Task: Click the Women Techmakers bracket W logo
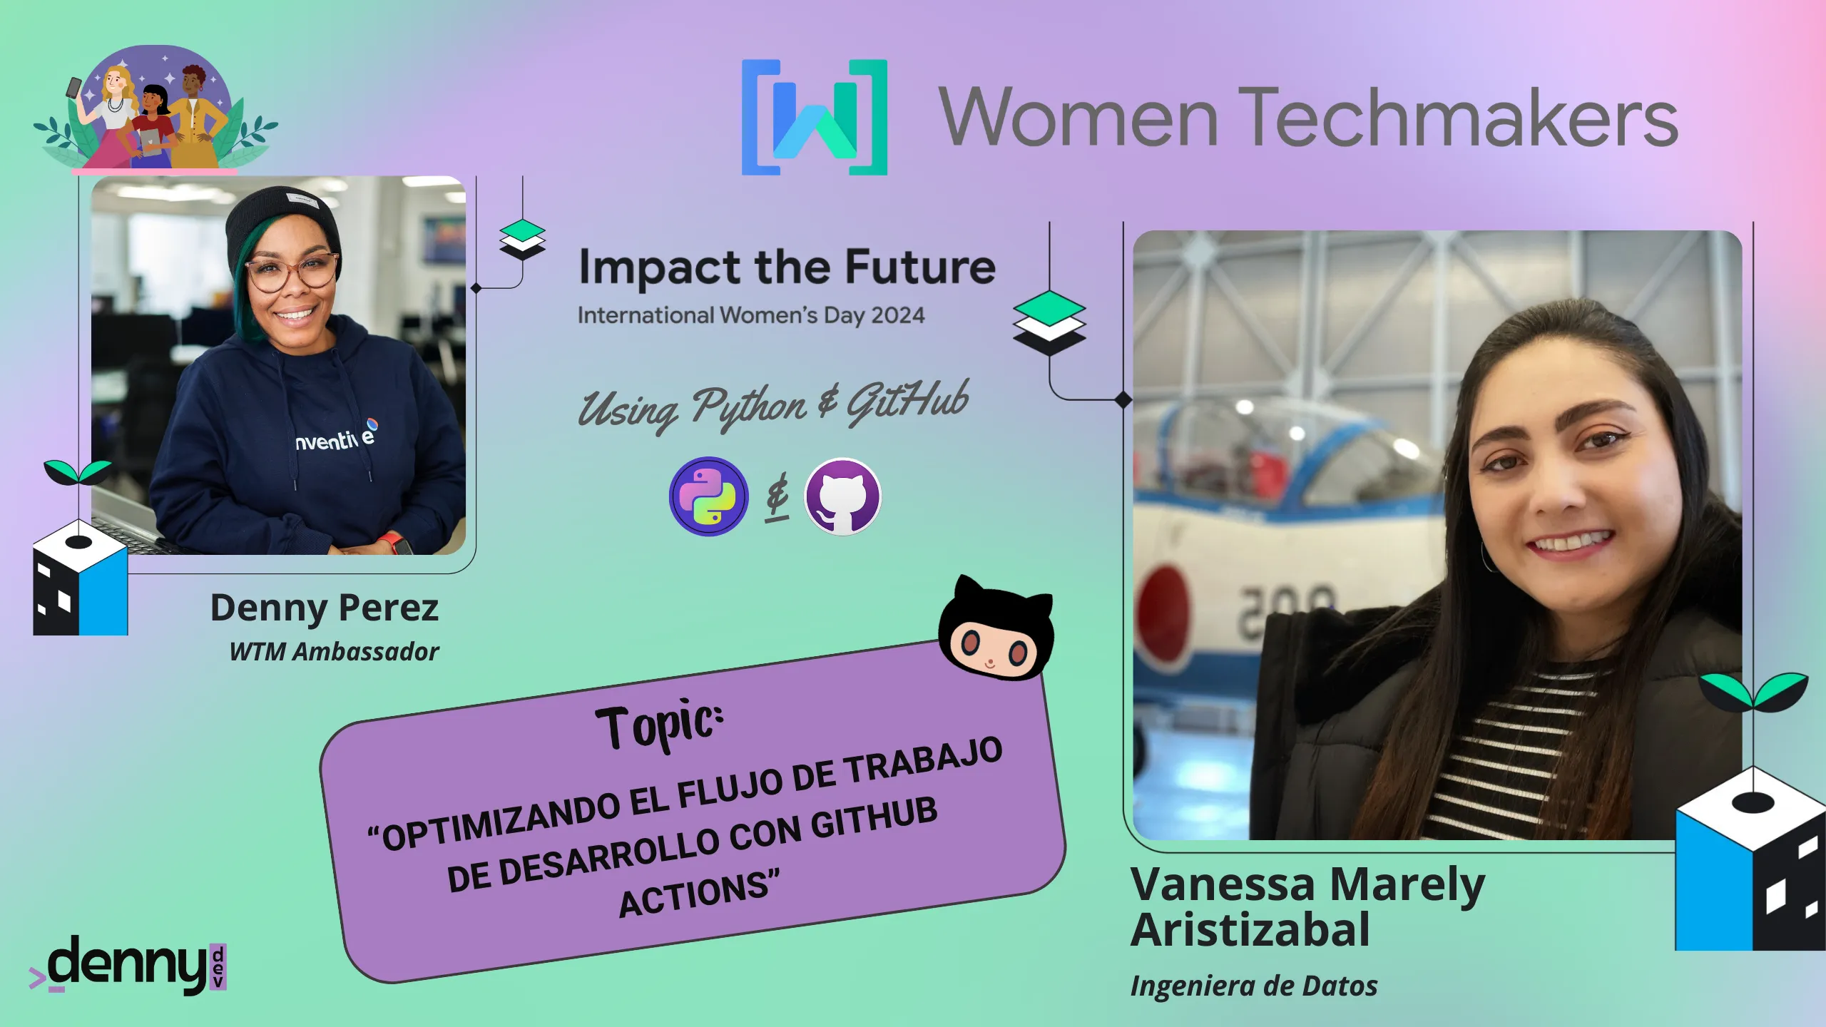pyautogui.click(x=815, y=117)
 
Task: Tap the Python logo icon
pyautogui.click(x=708, y=496)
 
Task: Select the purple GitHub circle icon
pyautogui.click(x=842, y=496)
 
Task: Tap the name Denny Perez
pyautogui.click(x=325, y=608)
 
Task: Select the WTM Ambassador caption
pyautogui.click(x=334, y=651)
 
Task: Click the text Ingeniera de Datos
pyautogui.click(x=1254, y=986)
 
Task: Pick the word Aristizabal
pyautogui.click(x=1250, y=929)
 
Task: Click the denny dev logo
pyautogui.click(x=128, y=965)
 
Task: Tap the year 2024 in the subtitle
pyautogui.click(x=898, y=315)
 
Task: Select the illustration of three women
pyautogui.click(x=155, y=110)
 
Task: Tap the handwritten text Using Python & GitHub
pyautogui.click(x=773, y=404)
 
